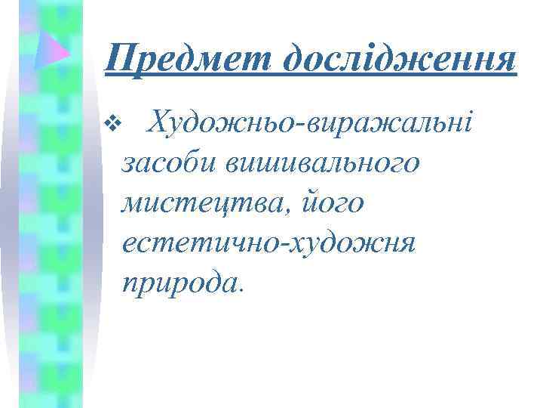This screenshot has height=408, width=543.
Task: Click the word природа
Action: (x=177, y=283)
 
